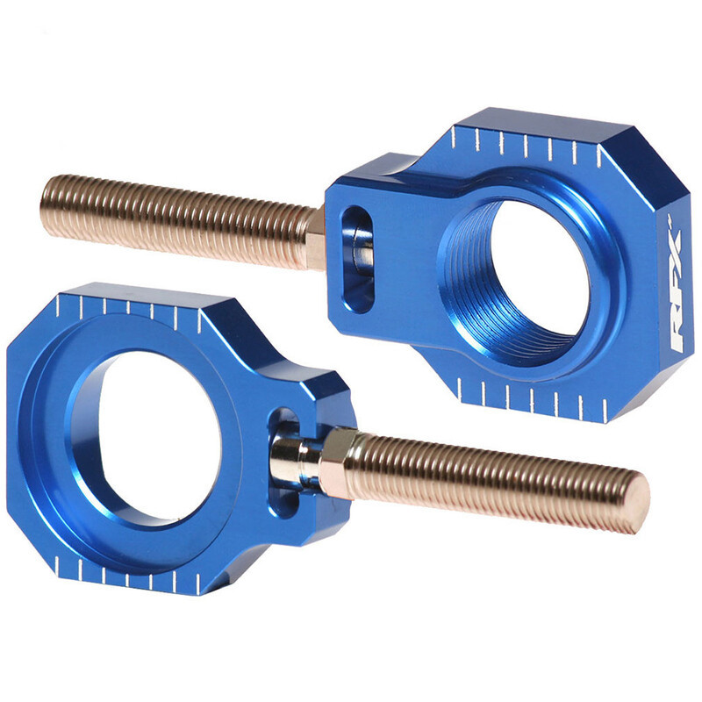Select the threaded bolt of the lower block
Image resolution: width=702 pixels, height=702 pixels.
pos(491,474)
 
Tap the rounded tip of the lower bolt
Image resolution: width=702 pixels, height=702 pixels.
pos(639,502)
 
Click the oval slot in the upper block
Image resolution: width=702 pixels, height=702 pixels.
pos(356,259)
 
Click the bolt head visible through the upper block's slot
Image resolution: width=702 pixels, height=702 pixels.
pos(360,250)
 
